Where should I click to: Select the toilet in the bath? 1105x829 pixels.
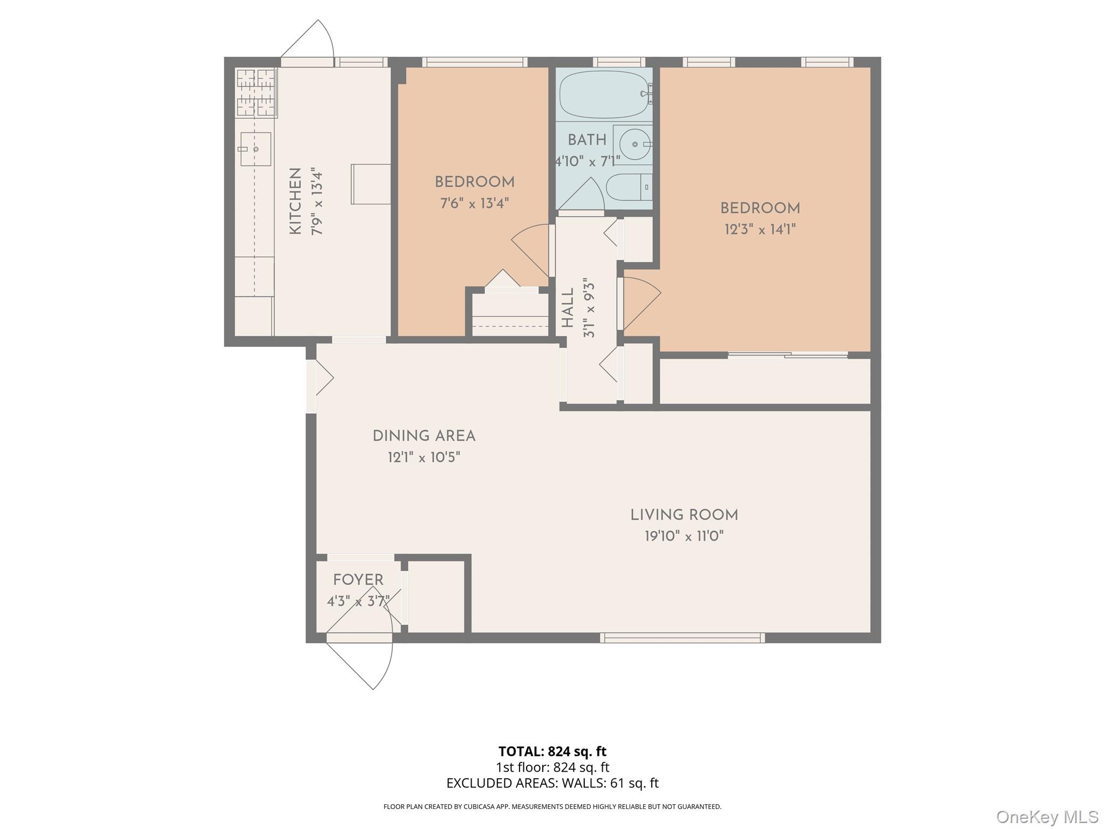coord(629,187)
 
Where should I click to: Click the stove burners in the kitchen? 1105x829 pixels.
coord(256,93)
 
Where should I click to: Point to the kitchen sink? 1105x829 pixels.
coord(255,149)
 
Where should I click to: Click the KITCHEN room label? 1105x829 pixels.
coord(295,201)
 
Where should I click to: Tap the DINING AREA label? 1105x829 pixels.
coord(424,436)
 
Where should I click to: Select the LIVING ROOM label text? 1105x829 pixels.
coord(684,515)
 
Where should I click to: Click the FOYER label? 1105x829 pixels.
coord(358,580)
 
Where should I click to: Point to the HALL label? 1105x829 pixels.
coord(568,308)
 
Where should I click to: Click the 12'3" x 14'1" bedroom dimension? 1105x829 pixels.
coord(760,229)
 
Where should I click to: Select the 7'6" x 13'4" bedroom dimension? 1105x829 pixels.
coord(474,203)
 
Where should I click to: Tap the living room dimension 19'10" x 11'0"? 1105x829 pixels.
coord(684,536)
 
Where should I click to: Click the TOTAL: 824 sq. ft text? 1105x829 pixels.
coord(552,751)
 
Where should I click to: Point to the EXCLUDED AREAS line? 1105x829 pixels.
coord(552,783)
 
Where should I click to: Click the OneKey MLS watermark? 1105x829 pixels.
coord(1047,817)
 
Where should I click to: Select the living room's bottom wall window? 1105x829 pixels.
coord(683,638)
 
